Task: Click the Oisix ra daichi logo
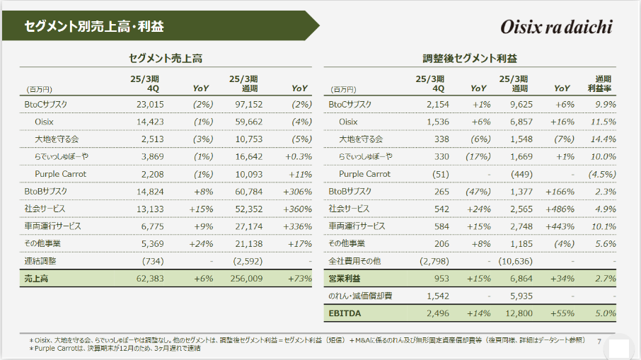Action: pos(555,27)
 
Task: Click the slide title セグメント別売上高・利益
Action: pos(93,28)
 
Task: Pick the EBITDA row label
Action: pos(345,313)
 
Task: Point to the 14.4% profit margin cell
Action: pos(604,139)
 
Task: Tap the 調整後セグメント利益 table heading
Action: pos(470,59)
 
